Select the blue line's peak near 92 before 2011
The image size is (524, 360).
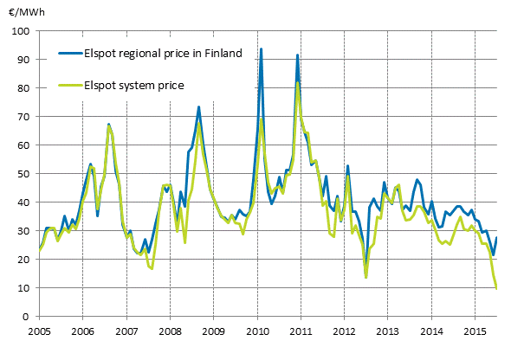click(x=297, y=55)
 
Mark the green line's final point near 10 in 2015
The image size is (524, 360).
click(x=497, y=288)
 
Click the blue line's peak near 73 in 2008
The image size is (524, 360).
click(x=198, y=107)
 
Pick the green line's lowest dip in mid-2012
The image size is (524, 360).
click(x=366, y=277)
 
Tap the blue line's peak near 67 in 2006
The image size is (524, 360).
click(x=108, y=125)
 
